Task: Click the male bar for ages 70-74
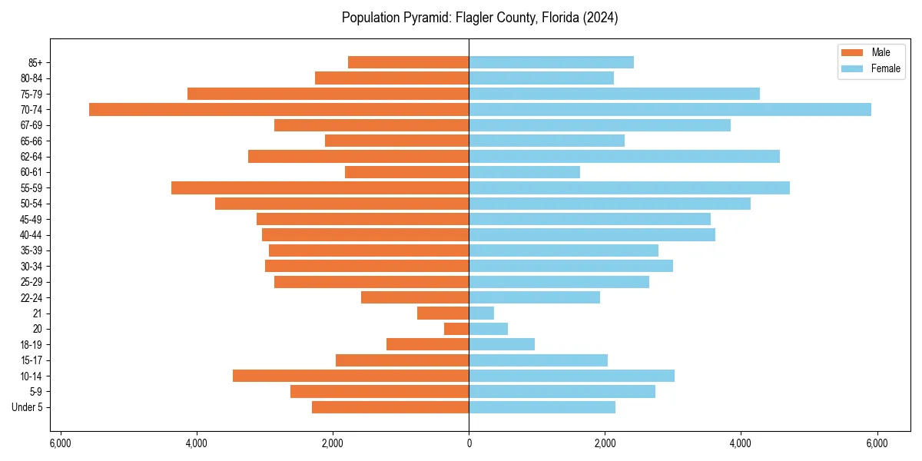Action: (279, 109)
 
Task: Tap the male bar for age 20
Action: (456, 329)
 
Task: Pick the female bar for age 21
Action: (482, 313)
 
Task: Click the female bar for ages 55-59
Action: (629, 187)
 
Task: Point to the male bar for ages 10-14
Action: (350, 376)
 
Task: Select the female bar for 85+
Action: (551, 62)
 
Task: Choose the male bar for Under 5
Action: (390, 407)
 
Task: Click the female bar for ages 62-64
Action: (624, 156)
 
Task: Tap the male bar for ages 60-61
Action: (406, 172)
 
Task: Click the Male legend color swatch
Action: (852, 53)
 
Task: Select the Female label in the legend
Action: (886, 68)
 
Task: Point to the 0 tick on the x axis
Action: (469, 443)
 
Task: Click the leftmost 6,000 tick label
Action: (60, 443)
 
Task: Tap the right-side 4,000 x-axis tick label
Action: (741, 443)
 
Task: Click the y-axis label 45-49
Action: (31, 219)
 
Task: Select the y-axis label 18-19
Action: (31, 344)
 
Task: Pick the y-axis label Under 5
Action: (27, 407)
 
